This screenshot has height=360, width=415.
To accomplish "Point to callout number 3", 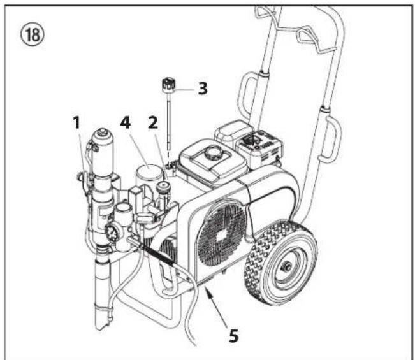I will [x=202, y=88].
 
